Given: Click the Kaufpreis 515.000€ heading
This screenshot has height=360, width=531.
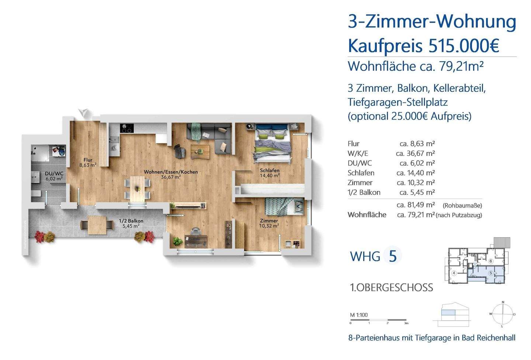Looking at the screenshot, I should coord(423,46).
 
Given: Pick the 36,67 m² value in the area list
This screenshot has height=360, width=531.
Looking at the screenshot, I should coord(416,153).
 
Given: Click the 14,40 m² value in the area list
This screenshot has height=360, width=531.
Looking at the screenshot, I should coord(416,173).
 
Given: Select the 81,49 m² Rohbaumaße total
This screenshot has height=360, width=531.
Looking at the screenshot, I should coord(416,205).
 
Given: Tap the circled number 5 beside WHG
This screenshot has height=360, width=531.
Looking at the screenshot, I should coord(392,256).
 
